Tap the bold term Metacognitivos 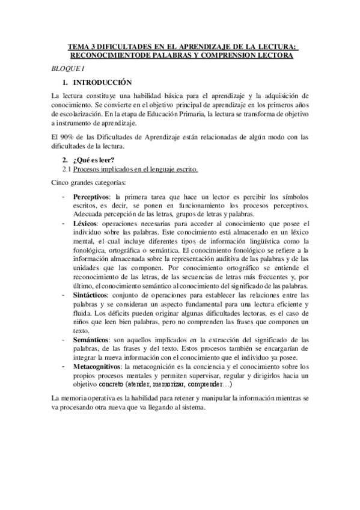tap(97, 366)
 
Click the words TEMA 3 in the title tap(81, 46)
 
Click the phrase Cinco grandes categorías tap(88, 182)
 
